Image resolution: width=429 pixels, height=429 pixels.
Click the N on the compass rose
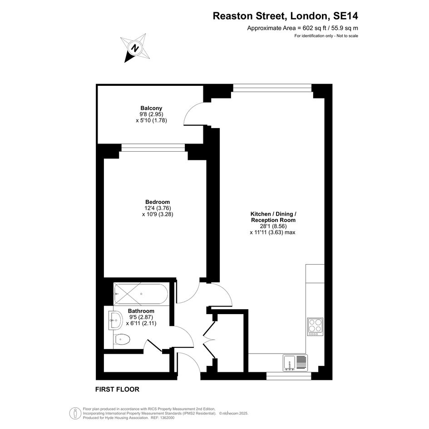click(135, 49)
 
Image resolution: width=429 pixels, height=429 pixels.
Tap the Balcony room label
click(151, 108)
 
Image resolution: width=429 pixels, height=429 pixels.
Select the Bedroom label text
click(158, 202)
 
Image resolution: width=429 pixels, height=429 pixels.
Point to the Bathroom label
click(141, 311)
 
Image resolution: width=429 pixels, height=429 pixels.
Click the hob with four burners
click(315, 327)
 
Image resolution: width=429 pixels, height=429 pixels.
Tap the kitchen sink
click(296, 363)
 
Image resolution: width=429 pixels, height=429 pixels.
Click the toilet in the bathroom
click(122, 340)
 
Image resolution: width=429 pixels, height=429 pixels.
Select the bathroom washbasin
click(116, 320)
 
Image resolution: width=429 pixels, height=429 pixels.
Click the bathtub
click(141, 294)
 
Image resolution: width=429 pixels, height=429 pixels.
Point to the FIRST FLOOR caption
click(117, 390)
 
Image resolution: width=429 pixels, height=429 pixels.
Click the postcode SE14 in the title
click(345, 16)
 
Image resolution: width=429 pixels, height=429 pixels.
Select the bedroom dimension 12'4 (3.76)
click(158, 208)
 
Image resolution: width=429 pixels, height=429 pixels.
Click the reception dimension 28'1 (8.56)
click(273, 226)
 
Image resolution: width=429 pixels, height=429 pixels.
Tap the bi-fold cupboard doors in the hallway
click(209, 340)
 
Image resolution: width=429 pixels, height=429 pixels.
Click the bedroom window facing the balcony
click(153, 148)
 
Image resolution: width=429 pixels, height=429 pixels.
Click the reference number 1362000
click(167, 418)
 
